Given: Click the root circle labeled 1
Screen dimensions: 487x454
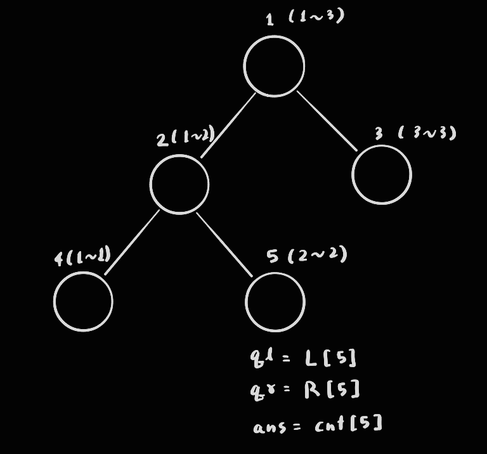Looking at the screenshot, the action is click(x=274, y=66).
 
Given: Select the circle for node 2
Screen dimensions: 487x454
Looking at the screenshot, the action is click(x=179, y=184).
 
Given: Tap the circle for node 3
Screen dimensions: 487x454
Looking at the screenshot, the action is click(x=382, y=174).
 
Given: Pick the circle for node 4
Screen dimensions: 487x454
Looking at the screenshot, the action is click(x=83, y=301).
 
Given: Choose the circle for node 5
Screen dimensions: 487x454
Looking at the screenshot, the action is click(x=275, y=302).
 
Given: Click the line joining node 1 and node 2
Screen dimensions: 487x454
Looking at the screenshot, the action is click(x=228, y=125).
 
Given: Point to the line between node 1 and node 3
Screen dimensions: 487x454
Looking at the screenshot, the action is click(x=327, y=121).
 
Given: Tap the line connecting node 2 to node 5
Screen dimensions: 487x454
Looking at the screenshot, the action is click(x=224, y=244).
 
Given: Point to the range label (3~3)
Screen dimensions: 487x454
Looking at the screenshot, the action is click(x=427, y=133).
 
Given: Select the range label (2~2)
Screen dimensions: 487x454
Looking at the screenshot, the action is click(x=317, y=255).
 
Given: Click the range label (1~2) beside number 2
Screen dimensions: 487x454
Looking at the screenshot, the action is click(x=194, y=136).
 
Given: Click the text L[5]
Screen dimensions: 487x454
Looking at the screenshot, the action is click(x=330, y=358).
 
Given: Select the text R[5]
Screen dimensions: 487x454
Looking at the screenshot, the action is click(x=332, y=389).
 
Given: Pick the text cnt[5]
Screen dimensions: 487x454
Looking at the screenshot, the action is click(x=348, y=424).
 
